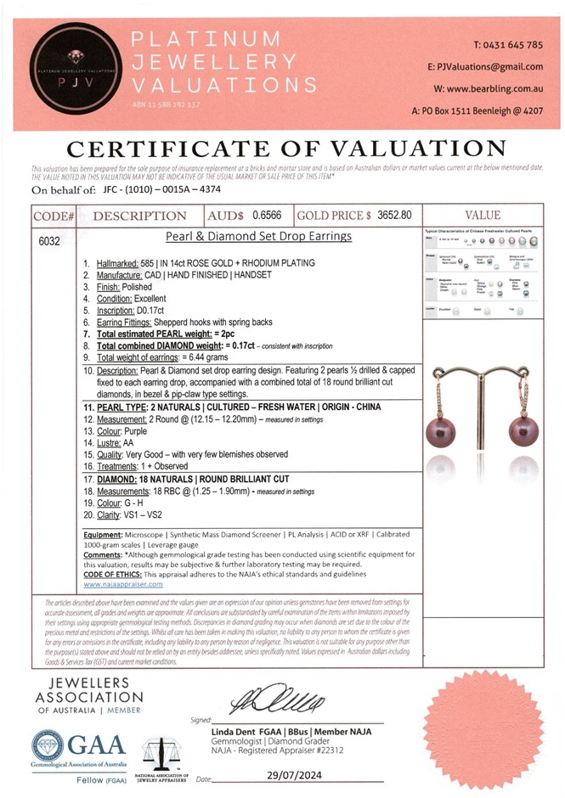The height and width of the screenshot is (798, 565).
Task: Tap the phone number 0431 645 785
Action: click(x=508, y=44)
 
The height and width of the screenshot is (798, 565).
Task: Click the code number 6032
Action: click(x=49, y=241)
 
